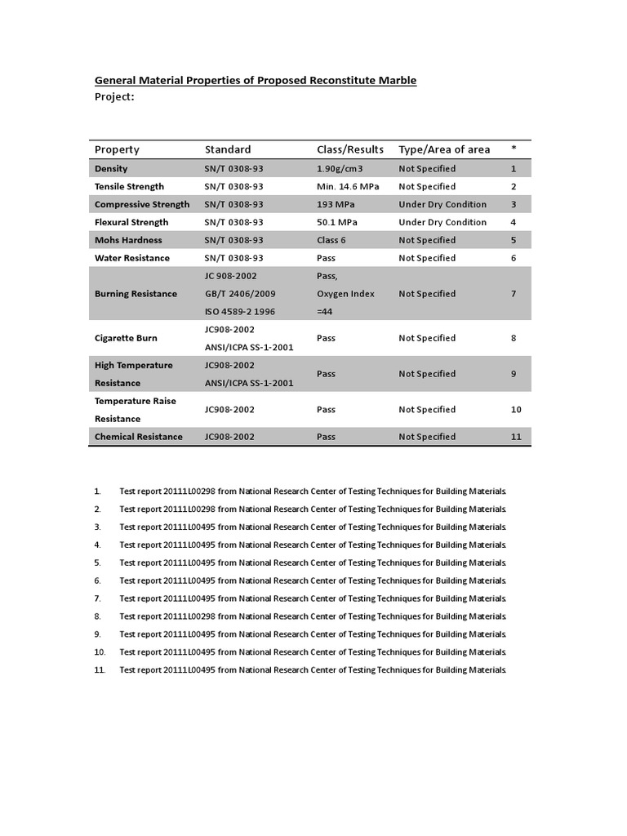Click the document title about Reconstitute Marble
[256, 80]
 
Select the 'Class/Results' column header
[349, 149]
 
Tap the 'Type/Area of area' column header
[444, 149]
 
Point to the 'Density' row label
[111, 168]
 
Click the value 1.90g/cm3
[340, 168]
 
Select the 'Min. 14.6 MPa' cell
[347, 186]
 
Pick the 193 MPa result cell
[333, 204]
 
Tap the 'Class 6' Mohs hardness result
[331, 240]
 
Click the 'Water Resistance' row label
[132, 258]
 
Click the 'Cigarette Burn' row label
[126, 338]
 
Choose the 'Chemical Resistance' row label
[139, 437]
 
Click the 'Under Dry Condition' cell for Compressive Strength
[442, 204]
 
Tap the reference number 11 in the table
[516, 437]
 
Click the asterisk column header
[514, 149]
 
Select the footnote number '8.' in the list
[97, 616]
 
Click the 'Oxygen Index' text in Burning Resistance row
[345, 294]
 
